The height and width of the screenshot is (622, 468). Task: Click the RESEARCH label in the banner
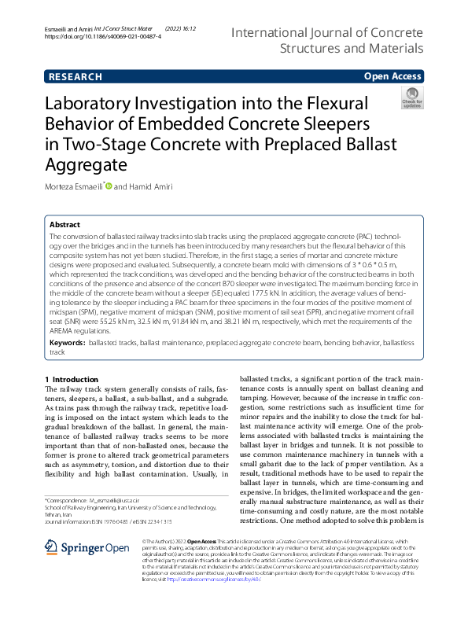pyautogui.click(x=75, y=76)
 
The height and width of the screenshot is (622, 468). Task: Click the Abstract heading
pyautogui.click(x=64, y=224)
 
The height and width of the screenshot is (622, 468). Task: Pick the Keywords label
pyautogui.click(x=67, y=344)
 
